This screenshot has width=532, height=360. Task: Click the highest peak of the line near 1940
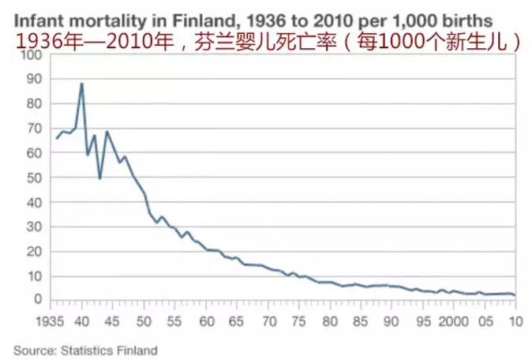[x=81, y=84]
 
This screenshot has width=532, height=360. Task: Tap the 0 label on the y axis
[x=34, y=300]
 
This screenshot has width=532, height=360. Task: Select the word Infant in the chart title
[x=32, y=16]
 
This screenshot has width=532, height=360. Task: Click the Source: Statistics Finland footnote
[x=84, y=349]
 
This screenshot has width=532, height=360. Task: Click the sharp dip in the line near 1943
[x=99, y=178]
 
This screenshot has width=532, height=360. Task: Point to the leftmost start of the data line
[x=56, y=138]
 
